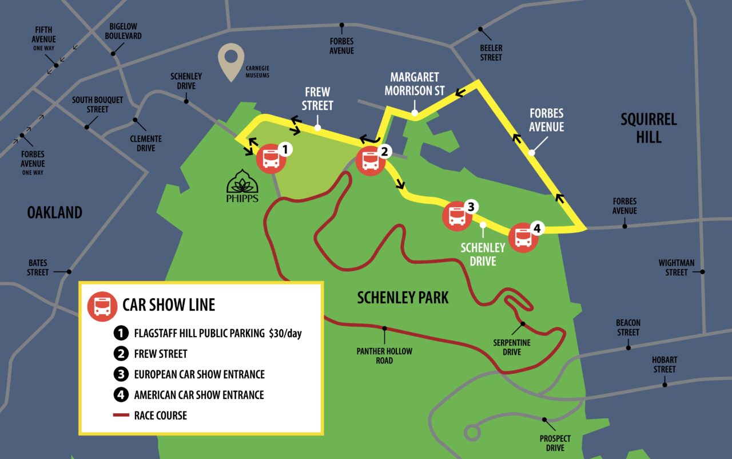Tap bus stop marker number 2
tap(371, 161)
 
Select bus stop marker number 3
tap(457, 216)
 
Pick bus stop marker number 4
tap(523, 237)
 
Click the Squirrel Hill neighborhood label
tap(649, 128)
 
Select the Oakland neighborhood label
tap(55, 212)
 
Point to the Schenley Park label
tap(403, 297)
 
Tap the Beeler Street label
tap(491, 53)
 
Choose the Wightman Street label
tap(676, 267)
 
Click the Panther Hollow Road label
tap(384, 355)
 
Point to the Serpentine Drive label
tap(512, 347)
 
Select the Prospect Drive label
tap(555, 443)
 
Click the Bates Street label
tap(38, 267)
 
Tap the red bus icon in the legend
tap(102, 306)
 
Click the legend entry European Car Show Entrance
tap(199, 374)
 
